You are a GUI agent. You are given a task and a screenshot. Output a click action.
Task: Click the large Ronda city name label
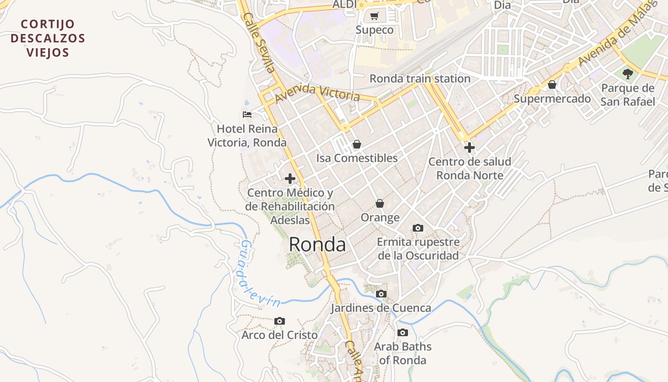click(x=317, y=244)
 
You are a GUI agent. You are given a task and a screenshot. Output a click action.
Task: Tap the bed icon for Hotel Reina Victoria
click(x=247, y=115)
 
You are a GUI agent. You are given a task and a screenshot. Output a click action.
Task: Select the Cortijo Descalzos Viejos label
click(x=48, y=38)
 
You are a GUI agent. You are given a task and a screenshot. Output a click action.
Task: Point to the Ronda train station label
click(x=420, y=79)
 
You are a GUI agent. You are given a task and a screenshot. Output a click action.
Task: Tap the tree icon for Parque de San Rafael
click(x=628, y=74)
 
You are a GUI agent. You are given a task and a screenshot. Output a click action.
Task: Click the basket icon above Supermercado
click(x=552, y=85)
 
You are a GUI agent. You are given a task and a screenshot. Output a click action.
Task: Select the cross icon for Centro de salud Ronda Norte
click(x=470, y=148)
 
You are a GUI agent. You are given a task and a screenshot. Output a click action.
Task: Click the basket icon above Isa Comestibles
click(x=357, y=144)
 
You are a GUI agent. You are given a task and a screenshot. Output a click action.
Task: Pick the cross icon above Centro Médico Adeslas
click(x=290, y=179)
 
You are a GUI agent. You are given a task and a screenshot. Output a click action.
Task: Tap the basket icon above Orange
click(x=380, y=204)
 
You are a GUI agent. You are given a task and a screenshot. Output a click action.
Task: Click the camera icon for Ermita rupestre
click(x=418, y=228)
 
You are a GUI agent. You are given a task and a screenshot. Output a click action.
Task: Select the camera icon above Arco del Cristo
click(x=280, y=321)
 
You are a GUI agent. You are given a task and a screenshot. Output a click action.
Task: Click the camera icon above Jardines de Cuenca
click(x=381, y=294)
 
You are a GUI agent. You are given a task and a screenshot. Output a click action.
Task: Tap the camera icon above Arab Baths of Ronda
click(x=403, y=333)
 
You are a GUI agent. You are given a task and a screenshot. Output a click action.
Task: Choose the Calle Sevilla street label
click(x=259, y=43)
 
